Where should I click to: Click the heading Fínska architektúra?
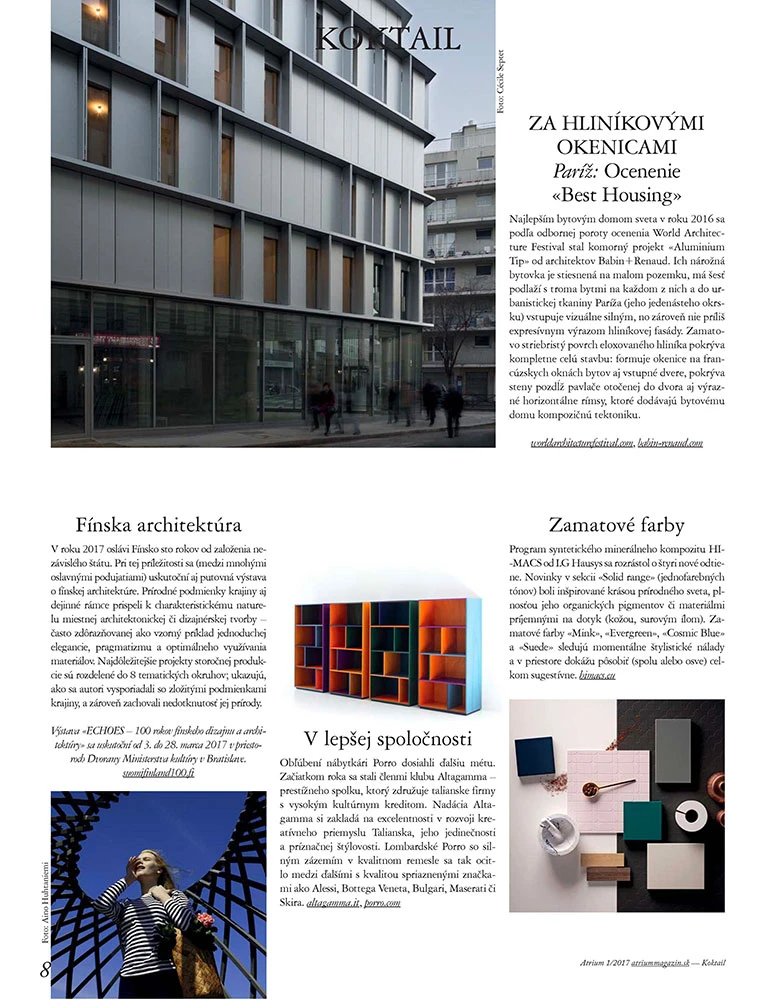159,524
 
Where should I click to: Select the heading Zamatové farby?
615,524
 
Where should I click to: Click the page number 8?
45,969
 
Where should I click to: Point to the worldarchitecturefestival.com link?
582,442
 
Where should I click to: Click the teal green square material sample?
643,824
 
